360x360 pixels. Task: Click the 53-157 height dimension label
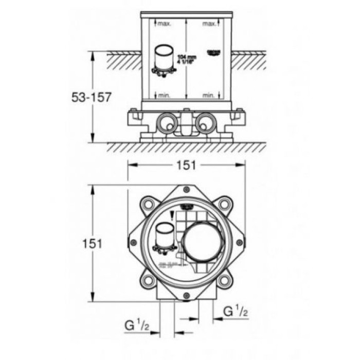[x=91, y=97]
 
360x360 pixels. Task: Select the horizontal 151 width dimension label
[x=187, y=165]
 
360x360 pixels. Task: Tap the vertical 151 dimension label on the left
[x=92, y=243]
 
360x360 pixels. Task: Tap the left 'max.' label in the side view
[x=164, y=24]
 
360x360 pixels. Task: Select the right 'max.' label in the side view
[x=209, y=24]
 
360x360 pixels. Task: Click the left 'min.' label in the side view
[x=164, y=96]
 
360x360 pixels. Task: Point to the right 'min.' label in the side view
[x=209, y=96]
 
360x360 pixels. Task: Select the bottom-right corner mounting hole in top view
[x=224, y=281]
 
